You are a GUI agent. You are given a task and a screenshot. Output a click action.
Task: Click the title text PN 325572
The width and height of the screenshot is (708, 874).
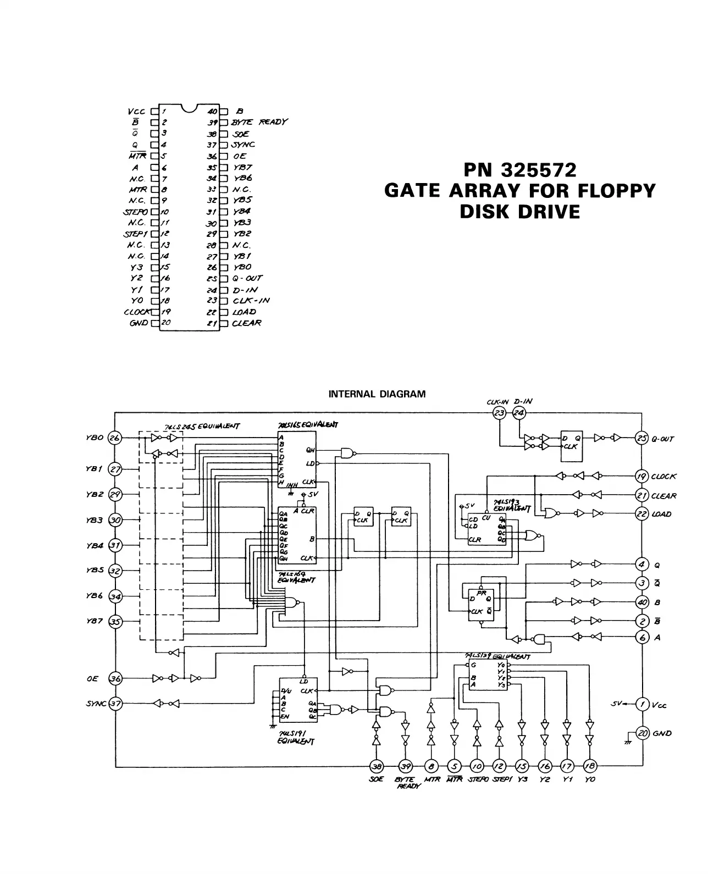(x=519, y=170)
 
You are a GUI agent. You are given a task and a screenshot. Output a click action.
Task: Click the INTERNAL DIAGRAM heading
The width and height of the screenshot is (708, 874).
(x=377, y=394)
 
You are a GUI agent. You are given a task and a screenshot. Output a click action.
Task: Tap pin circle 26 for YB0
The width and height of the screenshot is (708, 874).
(x=115, y=438)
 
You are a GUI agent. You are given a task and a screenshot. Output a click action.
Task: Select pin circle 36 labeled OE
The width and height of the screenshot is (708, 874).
(x=115, y=678)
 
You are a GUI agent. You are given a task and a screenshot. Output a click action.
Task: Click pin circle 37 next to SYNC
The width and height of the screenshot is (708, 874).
(x=115, y=703)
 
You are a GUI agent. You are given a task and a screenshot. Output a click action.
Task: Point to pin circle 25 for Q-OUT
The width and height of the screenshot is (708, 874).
(x=641, y=438)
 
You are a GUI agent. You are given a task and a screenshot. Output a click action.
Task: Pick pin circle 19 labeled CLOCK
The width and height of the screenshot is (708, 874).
(x=641, y=476)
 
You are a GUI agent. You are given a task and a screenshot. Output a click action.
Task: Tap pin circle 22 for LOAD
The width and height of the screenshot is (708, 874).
(x=641, y=513)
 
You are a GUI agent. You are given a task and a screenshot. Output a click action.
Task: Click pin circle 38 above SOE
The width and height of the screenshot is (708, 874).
(x=377, y=765)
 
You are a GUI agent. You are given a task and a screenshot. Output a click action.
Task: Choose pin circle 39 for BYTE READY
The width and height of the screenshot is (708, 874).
(x=405, y=765)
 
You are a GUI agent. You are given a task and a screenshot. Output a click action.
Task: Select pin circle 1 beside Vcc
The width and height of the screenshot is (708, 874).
(x=641, y=704)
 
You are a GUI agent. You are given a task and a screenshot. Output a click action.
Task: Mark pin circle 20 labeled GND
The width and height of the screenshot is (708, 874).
(x=641, y=733)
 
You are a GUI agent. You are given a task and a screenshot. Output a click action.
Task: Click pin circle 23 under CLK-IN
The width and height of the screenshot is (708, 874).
(x=499, y=413)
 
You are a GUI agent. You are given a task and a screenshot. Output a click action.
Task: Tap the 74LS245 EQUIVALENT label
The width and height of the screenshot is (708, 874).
(x=202, y=426)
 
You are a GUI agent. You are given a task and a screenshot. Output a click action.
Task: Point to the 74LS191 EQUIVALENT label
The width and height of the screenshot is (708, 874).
(x=297, y=738)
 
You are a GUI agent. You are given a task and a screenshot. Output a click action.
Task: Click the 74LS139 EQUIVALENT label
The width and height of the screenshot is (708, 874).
(x=497, y=656)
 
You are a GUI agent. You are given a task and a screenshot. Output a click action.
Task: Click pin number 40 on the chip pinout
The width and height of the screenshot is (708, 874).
(x=212, y=111)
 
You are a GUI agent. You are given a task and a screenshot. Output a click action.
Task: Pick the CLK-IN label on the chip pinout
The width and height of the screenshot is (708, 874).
(x=251, y=301)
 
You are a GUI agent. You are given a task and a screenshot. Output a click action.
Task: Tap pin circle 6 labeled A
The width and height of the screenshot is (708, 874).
(x=641, y=637)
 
